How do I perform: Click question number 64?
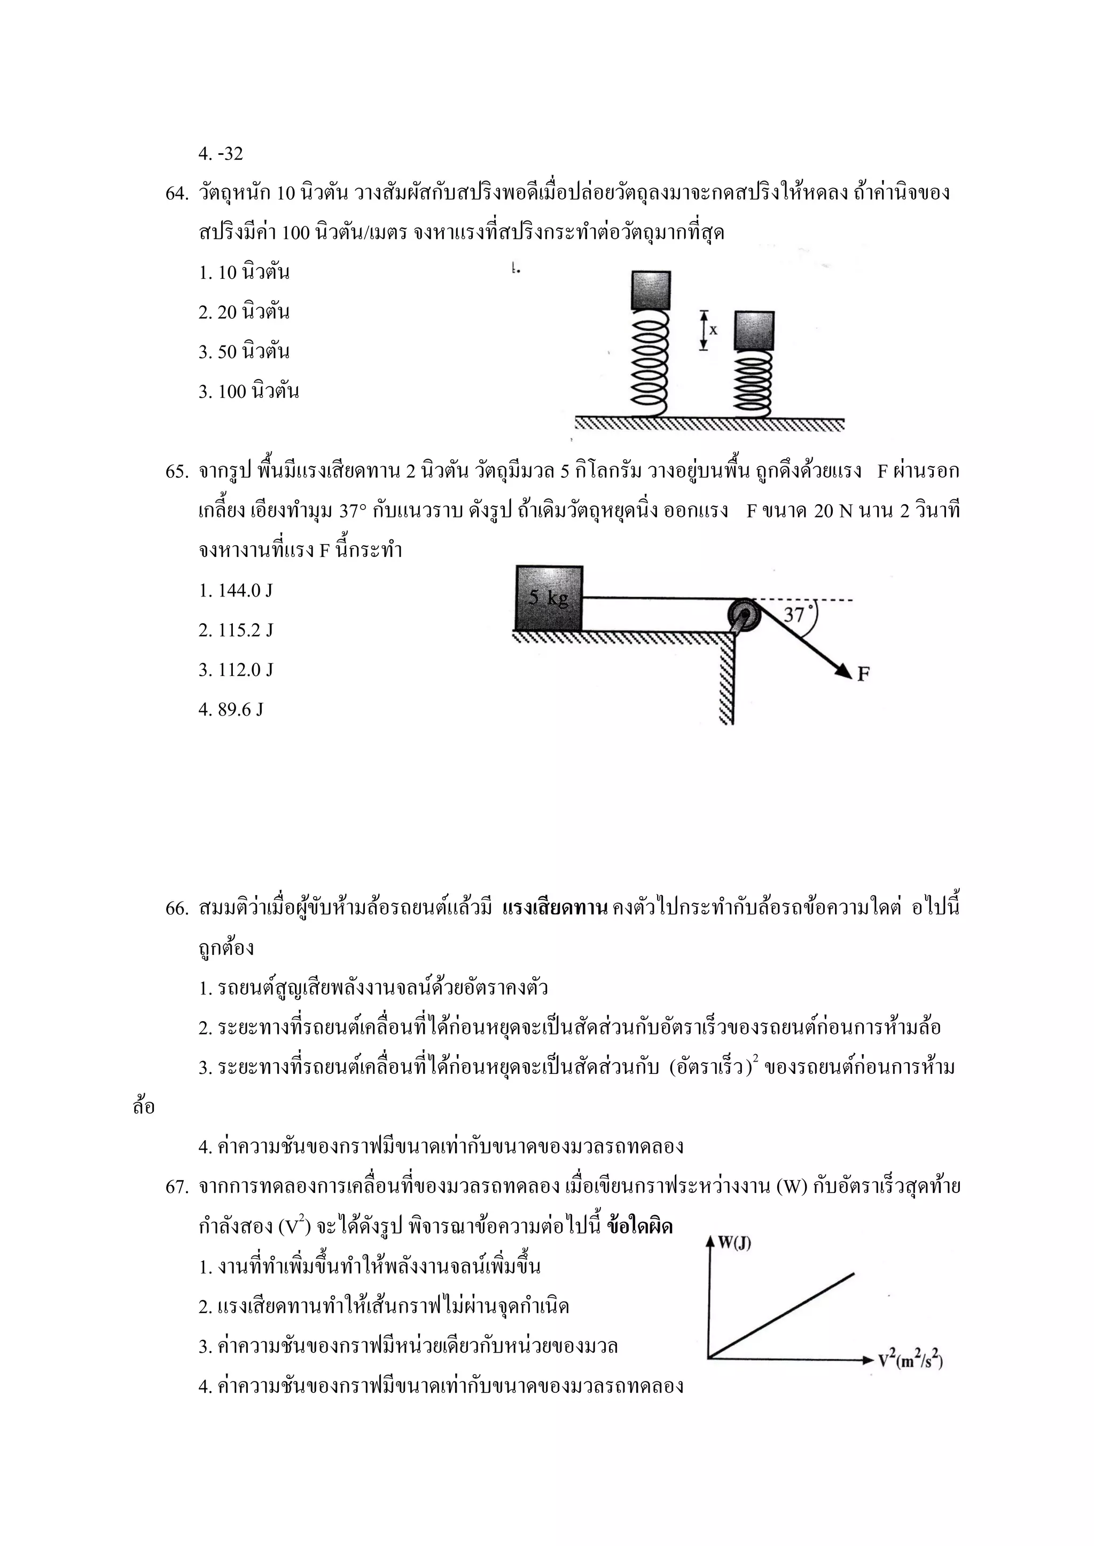(x=176, y=194)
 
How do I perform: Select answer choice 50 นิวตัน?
(x=244, y=351)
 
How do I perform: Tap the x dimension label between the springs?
(x=713, y=330)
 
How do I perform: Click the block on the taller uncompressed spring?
(x=651, y=289)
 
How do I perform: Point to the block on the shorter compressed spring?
(x=754, y=331)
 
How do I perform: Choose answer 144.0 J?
(x=236, y=591)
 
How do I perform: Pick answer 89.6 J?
(x=231, y=709)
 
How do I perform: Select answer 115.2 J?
(x=236, y=630)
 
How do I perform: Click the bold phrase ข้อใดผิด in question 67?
(x=639, y=1226)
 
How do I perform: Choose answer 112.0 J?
(x=236, y=670)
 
